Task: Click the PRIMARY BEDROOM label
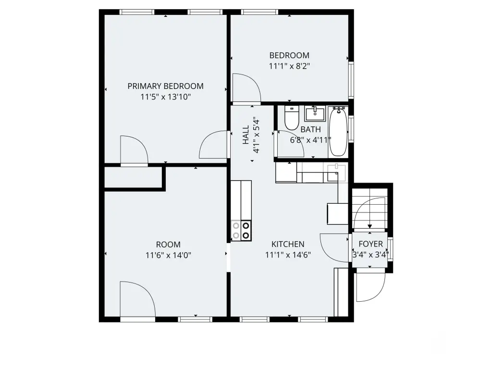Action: pyautogui.click(x=165, y=86)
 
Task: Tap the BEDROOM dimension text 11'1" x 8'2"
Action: pyautogui.click(x=289, y=66)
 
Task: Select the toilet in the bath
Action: pyautogui.click(x=292, y=118)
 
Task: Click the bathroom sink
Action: pyautogui.click(x=315, y=113)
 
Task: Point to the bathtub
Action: pyautogui.click(x=338, y=132)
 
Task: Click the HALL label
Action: pyautogui.click(x=246, y=135)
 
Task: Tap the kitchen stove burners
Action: pyautogui.click(x=241, y=231)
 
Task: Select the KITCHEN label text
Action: pyautogui.click(x=288, y=244)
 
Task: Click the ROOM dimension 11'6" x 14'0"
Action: pyautogui.click(x=168, y=256)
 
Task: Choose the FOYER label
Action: pyautogui.click(x=370, y=244)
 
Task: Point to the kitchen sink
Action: pyautogui.click(x=336, y=172)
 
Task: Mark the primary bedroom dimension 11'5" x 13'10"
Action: pyautogui.click(x=165, y=97)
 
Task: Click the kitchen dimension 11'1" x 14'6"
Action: pyautogui.click(x=288, y=255)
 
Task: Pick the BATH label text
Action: pyautogui.click(x=311, y=129)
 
